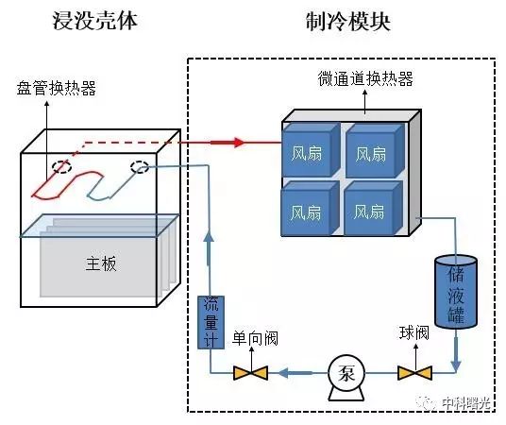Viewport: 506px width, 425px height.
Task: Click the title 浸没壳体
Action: [95, 21]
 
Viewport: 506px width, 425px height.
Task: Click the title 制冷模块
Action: [348, 22]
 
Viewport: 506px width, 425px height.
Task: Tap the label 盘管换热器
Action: [57, 88]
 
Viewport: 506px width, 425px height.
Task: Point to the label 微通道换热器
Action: [365, 78]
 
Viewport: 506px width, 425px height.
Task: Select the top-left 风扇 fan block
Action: [311, 150]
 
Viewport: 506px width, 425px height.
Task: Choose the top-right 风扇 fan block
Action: [375, 150]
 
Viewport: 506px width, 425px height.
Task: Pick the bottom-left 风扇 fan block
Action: [310, 209]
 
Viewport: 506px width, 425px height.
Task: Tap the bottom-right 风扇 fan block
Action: [373, 209]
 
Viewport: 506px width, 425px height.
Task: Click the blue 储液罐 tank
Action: [456, 291]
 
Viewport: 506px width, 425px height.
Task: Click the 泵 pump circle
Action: [346, 373]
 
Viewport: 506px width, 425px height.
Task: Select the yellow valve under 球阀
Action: [414, 373]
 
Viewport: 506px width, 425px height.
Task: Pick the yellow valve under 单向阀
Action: [251, 373]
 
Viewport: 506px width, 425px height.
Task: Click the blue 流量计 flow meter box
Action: [211, 322]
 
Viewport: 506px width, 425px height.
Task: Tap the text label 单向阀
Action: [255, 338]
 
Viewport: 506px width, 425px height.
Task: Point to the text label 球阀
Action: [414, 332]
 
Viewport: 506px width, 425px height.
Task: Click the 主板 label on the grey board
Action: [101, 263]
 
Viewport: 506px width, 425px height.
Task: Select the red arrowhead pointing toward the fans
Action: [239, 143]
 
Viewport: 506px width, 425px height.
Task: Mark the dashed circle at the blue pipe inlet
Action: [140, 167]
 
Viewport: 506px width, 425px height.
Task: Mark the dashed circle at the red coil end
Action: [62, 166]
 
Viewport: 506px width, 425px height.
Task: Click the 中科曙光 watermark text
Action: [466, 402]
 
